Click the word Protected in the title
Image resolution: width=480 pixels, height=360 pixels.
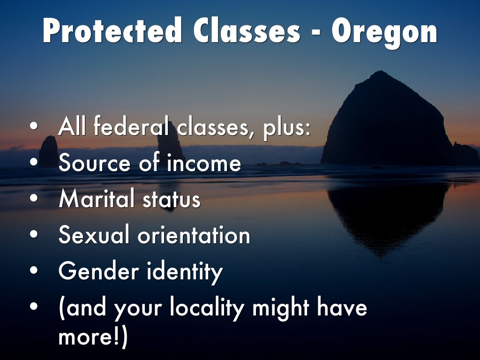coord(112,30)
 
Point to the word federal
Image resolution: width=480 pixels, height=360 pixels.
coord(131,126)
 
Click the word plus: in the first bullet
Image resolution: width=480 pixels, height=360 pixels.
coord(286,128)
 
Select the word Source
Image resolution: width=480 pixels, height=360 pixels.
coord(94,163)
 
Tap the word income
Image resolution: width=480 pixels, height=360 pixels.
coord(204,163)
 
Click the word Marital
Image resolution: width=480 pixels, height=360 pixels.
coord(97,198)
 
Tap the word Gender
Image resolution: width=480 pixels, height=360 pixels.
coord(98,271)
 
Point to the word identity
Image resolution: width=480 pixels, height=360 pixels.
coord(185,272)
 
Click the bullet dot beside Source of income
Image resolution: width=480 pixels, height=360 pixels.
coord(34,162)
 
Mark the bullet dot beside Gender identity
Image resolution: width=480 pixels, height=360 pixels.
coord(34,270)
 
